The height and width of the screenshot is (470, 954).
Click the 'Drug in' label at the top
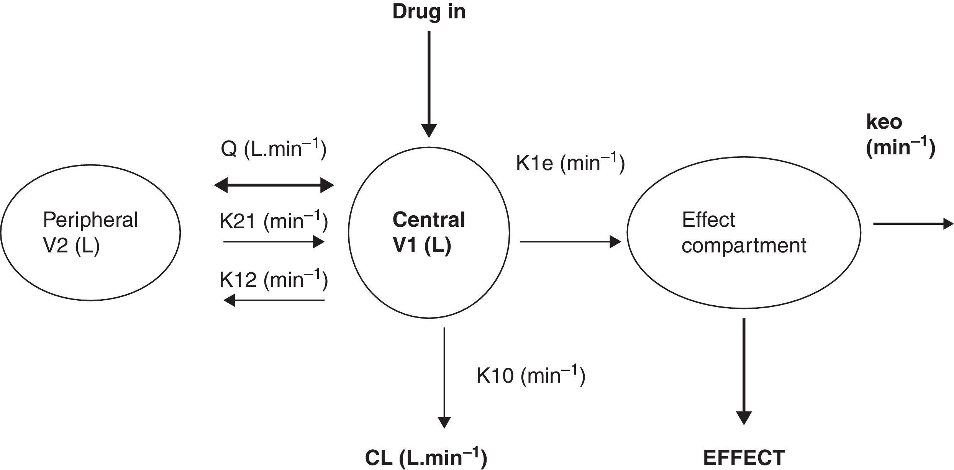click(429, 12)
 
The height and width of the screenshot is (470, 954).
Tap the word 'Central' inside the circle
click(429, 220)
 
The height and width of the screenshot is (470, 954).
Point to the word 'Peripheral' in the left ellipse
click(90, 220)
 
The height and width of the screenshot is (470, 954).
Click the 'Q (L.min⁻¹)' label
click(274, 149)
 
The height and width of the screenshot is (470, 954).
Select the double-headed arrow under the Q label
click(274, 185)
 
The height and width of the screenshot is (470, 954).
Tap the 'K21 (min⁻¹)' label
click(274, 221)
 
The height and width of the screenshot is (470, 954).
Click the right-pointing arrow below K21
click(274, 242)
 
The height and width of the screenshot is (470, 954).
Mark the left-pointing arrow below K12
click(274, 300)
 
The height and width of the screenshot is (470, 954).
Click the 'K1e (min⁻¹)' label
click(570, 163)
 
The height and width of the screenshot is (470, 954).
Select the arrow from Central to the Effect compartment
click(570, 242)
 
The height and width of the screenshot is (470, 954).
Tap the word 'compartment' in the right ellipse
click(744, 246)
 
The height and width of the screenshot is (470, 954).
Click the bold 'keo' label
click(884, 122)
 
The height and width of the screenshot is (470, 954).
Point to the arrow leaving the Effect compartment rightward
click(913, 223)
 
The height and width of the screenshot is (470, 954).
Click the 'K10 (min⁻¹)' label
click(531, 375)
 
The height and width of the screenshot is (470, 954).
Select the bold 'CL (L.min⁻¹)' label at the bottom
click(426, 458)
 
